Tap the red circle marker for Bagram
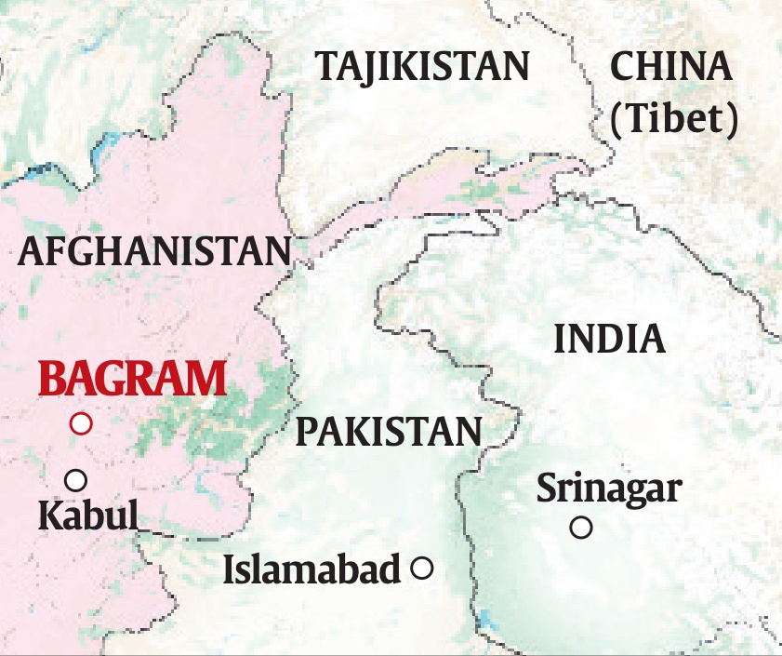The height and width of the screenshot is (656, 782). coord(82,423)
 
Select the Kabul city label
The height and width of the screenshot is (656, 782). coord(87,515)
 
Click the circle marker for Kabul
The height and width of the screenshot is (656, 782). coord(76,480)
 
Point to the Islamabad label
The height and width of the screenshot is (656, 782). coord(311,569)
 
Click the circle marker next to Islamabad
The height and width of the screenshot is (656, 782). coord(422,568)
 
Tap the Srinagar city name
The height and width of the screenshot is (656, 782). coord(609,487)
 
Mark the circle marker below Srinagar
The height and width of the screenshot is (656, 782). coord(581,528)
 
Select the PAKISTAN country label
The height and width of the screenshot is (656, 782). coord(389,432)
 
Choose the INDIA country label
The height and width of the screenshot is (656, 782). coord(609,340)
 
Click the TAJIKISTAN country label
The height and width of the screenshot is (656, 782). coord(422,67)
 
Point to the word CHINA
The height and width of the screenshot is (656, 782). coord(670,67)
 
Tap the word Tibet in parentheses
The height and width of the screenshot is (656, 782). coord(675,118)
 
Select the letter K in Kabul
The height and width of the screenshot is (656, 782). coord(48,515)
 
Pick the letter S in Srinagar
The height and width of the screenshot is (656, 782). coord(547,487)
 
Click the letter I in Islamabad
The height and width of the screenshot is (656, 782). coord(229,569)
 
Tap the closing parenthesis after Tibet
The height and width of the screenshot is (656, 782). coord(733,119)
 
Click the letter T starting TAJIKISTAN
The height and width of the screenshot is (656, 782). coord(327,67)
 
